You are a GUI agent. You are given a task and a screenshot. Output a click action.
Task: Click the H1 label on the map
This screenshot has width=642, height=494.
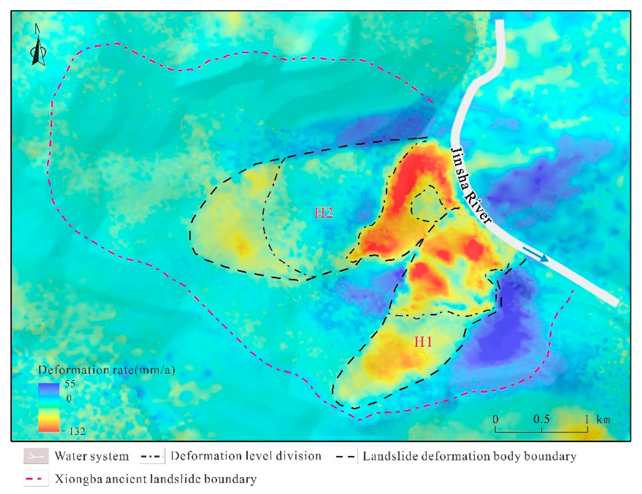pyautogui.click(x=423, y=342)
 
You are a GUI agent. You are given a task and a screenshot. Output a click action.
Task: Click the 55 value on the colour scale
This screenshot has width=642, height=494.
pyautogui.click(x=70, y=384)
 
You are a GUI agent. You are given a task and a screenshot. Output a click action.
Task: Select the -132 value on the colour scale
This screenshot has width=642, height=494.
pyautogui.click(x=74, y=431)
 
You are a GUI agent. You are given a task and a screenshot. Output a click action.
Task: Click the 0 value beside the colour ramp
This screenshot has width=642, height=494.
pyautogui.click(x=69, y=398)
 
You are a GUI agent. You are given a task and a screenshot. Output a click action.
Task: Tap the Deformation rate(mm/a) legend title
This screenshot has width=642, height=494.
pyautogui.click(x=107, y=370)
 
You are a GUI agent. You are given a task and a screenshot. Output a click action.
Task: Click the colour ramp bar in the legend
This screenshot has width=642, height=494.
pyautogui.click(x=49, y=408)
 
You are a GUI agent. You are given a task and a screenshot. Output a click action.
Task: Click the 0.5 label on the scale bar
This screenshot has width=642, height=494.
pyautogui.click(x=541, y=419)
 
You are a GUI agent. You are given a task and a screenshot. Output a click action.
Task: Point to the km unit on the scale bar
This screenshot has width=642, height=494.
pyautogui.click(x=603, y=420)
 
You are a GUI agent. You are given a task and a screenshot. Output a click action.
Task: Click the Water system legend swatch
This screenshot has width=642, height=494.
pyautogui.click(x=36, y=456)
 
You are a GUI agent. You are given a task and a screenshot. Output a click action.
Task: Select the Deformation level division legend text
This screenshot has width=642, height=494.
pyautogui.click(x=246, y=456)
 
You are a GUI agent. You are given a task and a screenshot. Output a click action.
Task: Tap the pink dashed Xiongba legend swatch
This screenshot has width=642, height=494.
pyautogui.click(x=36, y=479)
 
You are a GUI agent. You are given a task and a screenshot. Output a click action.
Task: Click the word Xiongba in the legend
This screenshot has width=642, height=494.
pyautogui.click(x=78, y=479)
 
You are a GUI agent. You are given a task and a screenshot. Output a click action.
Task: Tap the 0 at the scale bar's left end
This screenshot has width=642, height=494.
pyautogui.click(x=495, y=419)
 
